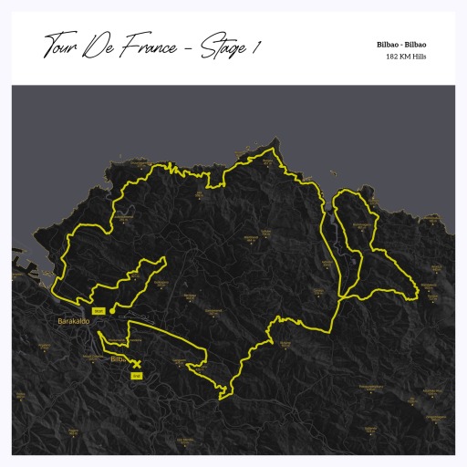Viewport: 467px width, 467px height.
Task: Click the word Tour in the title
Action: (58, 46)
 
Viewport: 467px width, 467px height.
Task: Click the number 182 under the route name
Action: (393, 57)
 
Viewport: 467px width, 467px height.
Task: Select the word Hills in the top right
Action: (420, 57)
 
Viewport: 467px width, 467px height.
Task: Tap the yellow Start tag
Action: (99, 311)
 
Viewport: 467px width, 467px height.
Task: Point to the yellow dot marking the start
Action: (112, 311)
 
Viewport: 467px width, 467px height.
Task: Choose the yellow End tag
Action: (137, 375)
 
